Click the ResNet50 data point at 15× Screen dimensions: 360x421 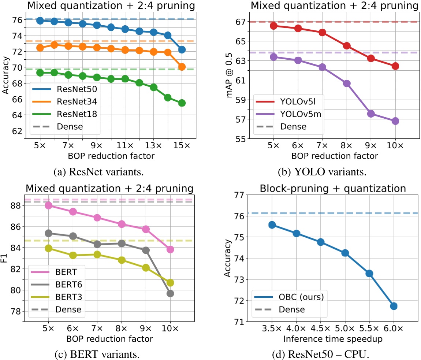coord(182,49)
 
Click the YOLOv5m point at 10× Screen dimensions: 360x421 coord(395,121)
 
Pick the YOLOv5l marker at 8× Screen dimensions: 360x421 coord(346,46)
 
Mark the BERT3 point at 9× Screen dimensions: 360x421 coord(146,268)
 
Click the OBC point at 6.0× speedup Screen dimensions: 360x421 coord(394,306)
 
